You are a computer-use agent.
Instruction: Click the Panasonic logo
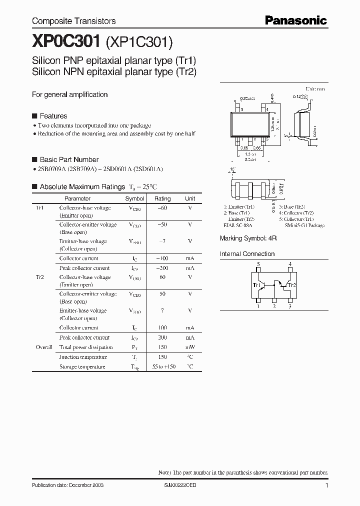tap(295, 20)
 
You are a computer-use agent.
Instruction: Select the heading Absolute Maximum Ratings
tap(82, 186)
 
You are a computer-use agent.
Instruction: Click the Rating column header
tap(162, 198)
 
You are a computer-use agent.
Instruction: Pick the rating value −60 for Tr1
tap(162, 208)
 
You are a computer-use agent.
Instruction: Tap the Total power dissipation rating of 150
tap(162, 347)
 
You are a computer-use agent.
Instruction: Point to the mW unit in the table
tap(190, 347)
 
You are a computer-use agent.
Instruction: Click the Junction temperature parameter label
tap(83, 357)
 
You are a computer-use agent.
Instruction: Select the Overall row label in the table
tap(44, 347)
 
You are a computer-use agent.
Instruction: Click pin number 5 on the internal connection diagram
tap(258, 264)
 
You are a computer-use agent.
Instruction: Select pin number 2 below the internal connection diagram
tap(274, 306)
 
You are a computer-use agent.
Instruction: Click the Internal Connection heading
tap(247, 254)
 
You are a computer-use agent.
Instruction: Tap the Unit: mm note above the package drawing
tap(315, 88)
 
